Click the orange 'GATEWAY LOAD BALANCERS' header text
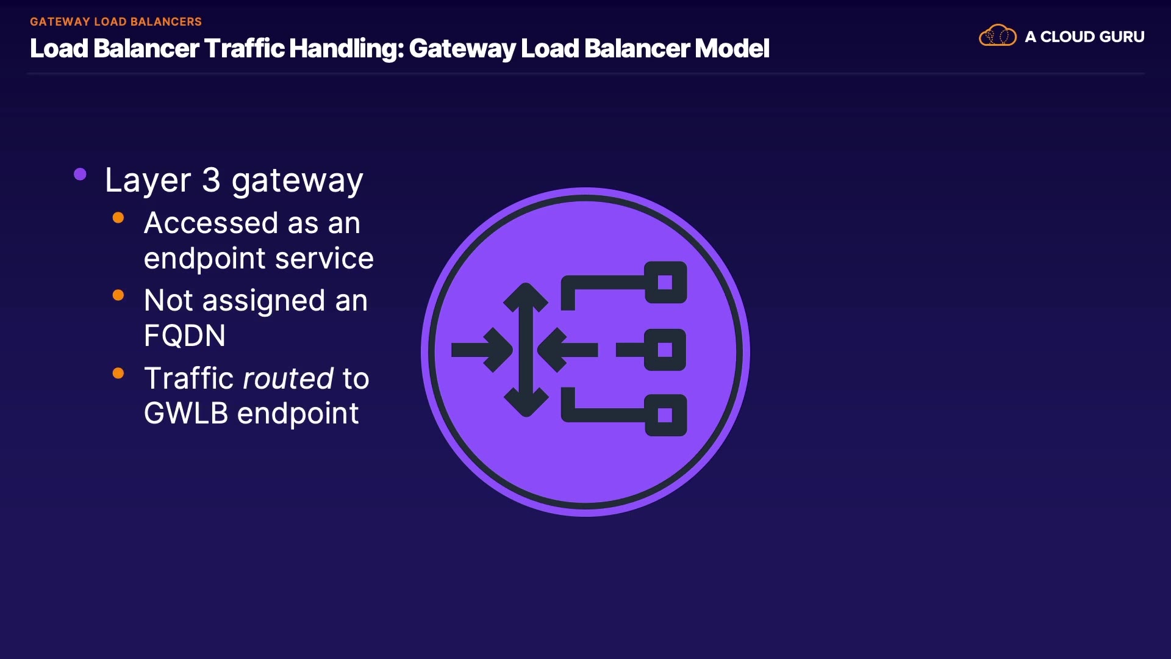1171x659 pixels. [116, 21]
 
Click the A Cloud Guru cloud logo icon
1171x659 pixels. [997, 36]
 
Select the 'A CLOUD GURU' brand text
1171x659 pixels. [1084, 37]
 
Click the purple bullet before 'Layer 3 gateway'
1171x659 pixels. [80, 175]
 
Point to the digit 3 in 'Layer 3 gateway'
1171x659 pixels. [211, 180]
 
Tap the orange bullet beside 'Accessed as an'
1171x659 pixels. [118, 218]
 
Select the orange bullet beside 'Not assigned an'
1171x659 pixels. [118, 296]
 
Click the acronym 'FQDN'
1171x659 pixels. [185, 336]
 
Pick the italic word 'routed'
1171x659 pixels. [288, 378]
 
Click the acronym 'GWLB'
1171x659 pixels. [186, 413]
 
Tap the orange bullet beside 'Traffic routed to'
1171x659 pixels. [118, 373]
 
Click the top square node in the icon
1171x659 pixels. [665, 283]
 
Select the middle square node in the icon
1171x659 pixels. [665, 350]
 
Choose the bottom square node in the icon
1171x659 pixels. [665, 416]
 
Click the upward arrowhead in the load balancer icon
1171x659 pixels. [526, 296]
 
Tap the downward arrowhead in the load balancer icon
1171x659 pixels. [526, 403]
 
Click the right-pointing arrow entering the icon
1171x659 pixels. [482, 350]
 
